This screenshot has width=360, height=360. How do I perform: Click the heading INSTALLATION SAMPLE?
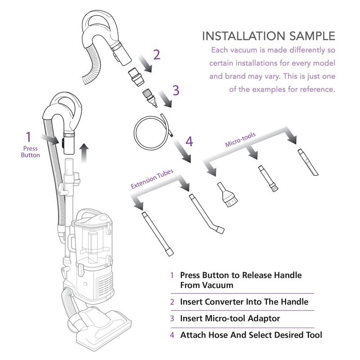(x=268, y=36)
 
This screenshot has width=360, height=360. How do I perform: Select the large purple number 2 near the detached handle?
(x=156, y=55)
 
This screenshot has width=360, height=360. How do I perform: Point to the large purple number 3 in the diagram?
(x=176, y=90)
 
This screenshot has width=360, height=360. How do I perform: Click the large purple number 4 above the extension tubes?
(x=189, y=141)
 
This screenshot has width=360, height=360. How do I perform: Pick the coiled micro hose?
(x=151, y=132)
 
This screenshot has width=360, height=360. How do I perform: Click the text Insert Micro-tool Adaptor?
(x=230, y=319)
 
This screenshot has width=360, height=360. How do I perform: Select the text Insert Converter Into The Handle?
(x=244, y=302)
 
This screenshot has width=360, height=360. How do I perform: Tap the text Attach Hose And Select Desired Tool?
(x=251, y=335)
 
